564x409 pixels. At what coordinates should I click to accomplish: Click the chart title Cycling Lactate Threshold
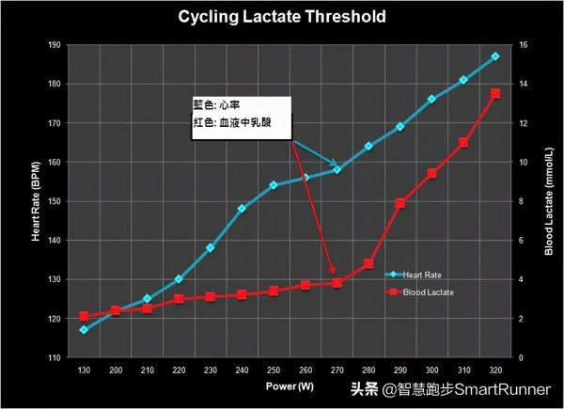[282, 17]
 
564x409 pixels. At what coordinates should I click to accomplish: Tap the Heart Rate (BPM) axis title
[36, 201]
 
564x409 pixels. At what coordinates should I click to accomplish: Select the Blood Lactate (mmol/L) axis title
[548, 201]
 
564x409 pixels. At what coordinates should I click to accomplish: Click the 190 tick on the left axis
[55, 45]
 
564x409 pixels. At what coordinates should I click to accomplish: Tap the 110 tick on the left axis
[55, 358]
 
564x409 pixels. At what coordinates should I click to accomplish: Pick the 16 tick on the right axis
[524, 45]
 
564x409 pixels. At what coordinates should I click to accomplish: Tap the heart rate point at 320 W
[495, 56]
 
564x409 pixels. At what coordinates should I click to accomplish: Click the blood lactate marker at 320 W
[495, 93]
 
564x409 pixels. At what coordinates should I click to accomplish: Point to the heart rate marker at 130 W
[84, 330]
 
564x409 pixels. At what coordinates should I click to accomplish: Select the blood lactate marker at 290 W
[400, 203]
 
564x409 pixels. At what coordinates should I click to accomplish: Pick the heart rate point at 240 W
[243, 209]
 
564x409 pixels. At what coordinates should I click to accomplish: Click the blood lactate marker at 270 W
[337, 283]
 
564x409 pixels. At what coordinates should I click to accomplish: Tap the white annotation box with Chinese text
[239, 114]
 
